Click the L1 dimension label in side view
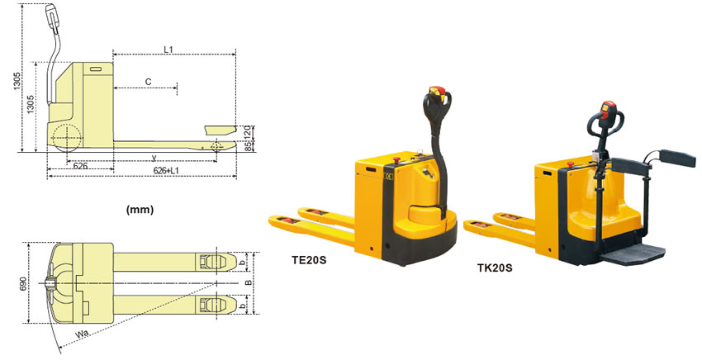[x=168, y=50]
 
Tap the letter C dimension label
[x=148, y=82]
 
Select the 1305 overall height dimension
[x=17, y=81]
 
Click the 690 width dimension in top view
[x=23, y=283]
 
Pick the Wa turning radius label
[x=81, y=334]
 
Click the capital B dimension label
[x=248, y=282]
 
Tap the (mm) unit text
[x=140, y=209]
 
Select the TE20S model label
[x=310, y=260]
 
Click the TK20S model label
[x=495, y=268]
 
